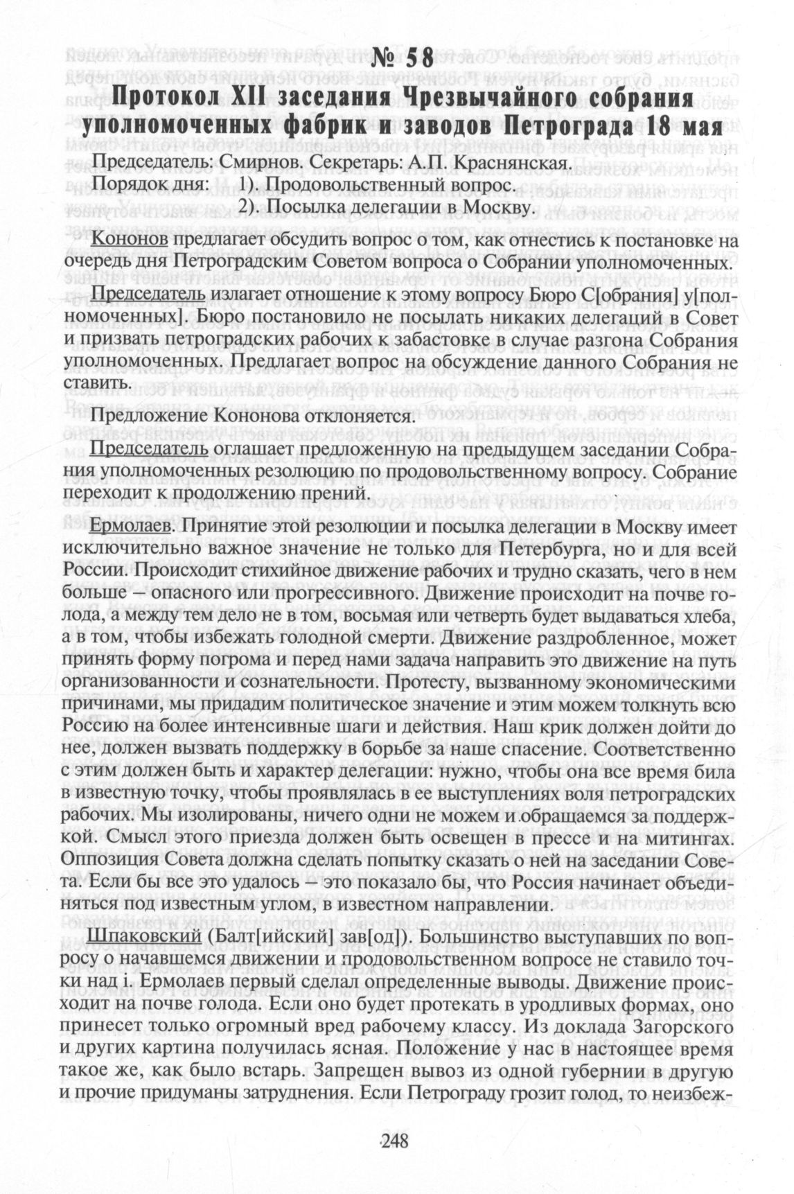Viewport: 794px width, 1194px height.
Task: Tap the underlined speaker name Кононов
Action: (x=130, y=240)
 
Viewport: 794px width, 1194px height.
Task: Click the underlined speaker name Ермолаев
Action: (x=131, y=528)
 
